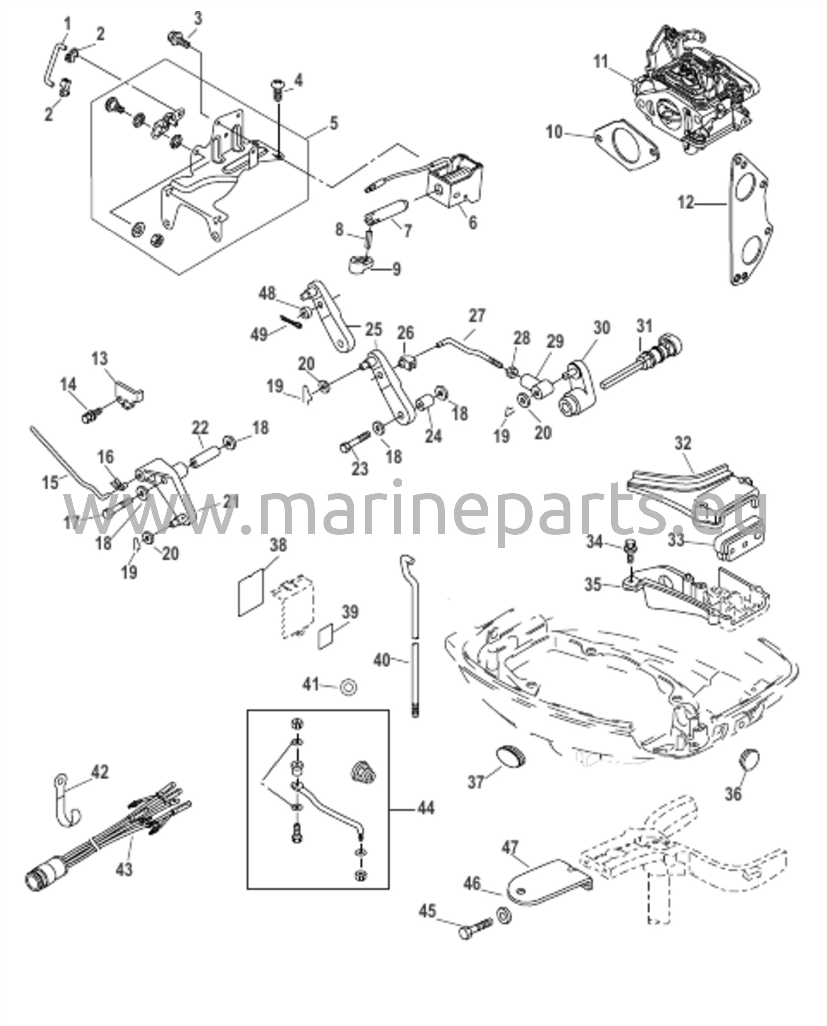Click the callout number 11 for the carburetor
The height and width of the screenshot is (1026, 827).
[601, 62]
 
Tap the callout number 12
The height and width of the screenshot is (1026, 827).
[686, 203]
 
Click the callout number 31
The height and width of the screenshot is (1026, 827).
[645, 326]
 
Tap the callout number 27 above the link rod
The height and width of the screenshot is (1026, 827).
[477, 316]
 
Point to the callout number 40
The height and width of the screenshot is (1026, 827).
[382, 660]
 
